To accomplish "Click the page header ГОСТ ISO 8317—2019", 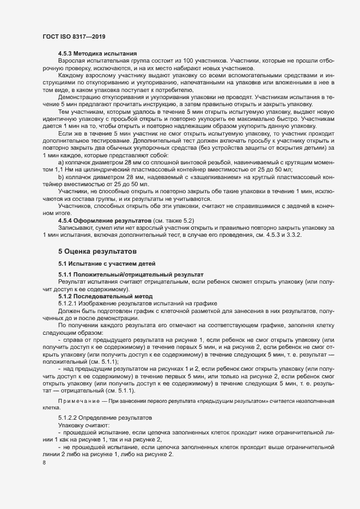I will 74,36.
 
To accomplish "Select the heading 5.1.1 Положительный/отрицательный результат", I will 131,275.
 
